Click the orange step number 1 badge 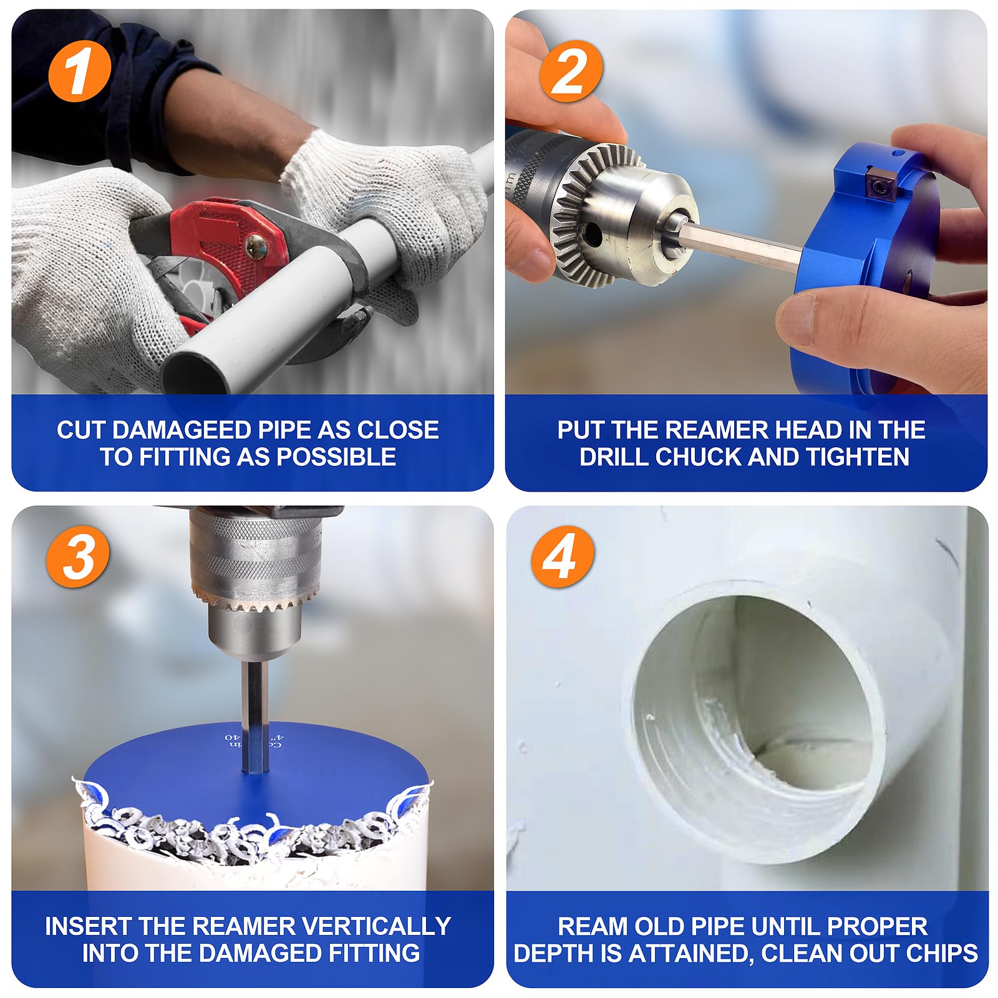79,72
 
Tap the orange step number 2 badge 571,72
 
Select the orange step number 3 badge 78,556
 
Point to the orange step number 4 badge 561,556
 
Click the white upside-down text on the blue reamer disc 253,740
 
